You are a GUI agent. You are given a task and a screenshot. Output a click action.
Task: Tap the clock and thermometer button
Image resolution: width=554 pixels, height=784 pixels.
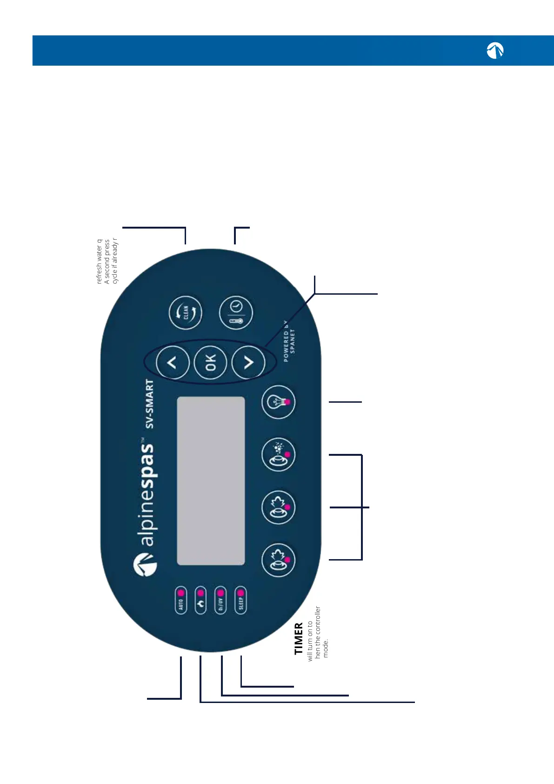click(236, 312)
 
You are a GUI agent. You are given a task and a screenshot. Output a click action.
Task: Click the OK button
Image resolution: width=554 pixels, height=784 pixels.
click(210, 362)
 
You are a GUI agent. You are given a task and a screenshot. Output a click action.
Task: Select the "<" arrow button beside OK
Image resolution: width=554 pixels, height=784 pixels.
click(173, 362)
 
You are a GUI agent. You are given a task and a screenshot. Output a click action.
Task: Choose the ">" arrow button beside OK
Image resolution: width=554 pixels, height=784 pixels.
click(248, 362)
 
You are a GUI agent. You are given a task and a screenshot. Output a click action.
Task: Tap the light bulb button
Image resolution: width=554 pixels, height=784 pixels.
click(278, 402)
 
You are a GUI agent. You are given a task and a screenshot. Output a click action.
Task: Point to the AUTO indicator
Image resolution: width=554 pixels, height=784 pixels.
click(181, 601)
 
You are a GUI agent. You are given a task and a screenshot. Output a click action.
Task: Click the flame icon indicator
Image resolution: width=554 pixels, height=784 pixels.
click(200, 601)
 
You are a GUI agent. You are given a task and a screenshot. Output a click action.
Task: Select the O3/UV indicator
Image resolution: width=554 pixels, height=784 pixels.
click(220, 601)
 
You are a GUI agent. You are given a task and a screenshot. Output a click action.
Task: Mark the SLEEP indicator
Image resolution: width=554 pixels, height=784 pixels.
click(240, 601)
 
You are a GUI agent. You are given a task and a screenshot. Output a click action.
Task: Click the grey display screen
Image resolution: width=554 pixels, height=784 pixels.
click(211, 480)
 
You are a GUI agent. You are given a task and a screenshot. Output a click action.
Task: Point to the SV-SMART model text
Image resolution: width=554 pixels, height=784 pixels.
click(149, 404)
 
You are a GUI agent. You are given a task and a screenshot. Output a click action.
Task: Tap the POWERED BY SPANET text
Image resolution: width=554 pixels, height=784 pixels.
click(289, 341)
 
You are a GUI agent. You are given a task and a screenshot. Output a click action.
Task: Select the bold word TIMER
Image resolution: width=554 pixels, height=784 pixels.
click(299, 638)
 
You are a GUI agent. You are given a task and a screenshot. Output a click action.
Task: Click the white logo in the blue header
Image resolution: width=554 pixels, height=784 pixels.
click(495, 50)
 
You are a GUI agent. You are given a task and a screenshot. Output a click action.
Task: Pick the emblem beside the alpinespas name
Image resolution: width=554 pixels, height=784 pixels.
click(145, 565)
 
